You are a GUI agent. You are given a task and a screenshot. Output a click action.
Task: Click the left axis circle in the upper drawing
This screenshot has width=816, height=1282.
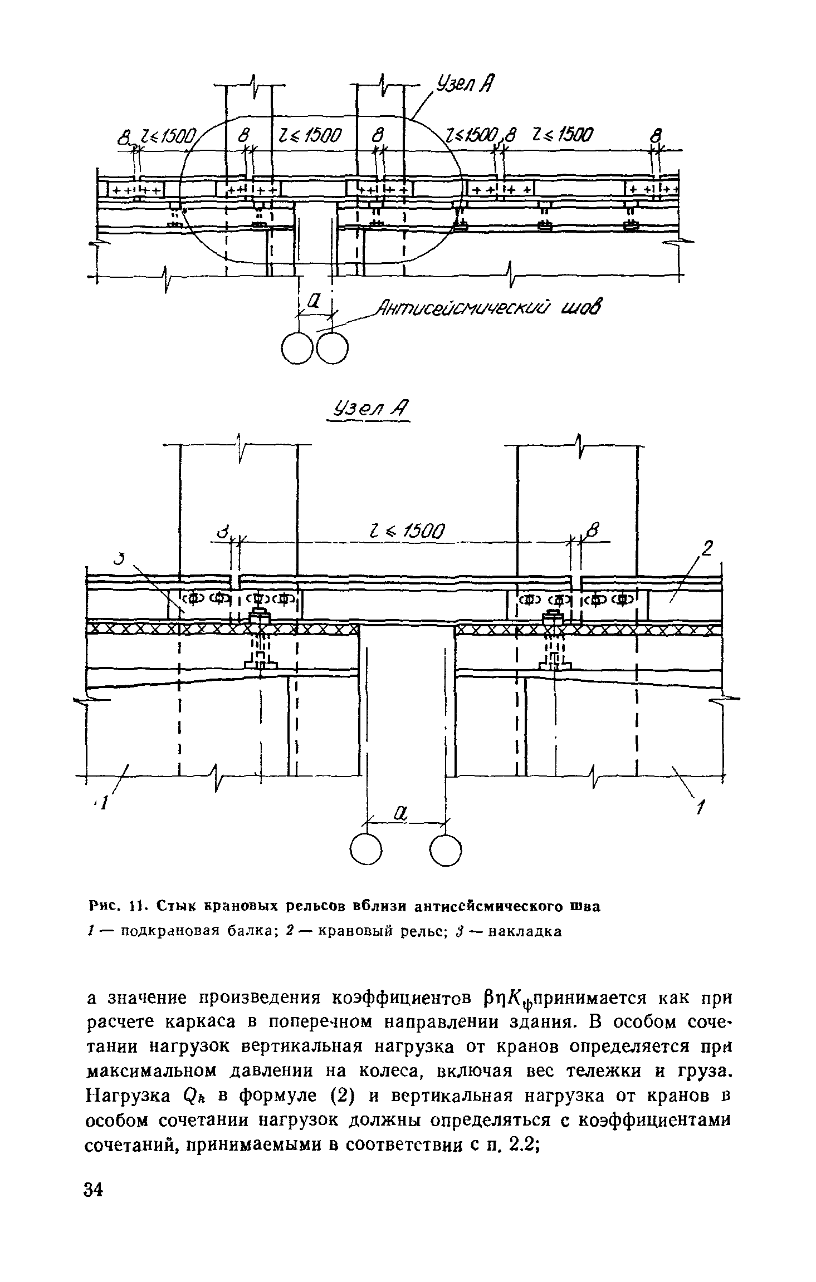tap(299, 348)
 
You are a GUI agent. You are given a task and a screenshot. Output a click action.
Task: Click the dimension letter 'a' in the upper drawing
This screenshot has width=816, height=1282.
tap(313, 302)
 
